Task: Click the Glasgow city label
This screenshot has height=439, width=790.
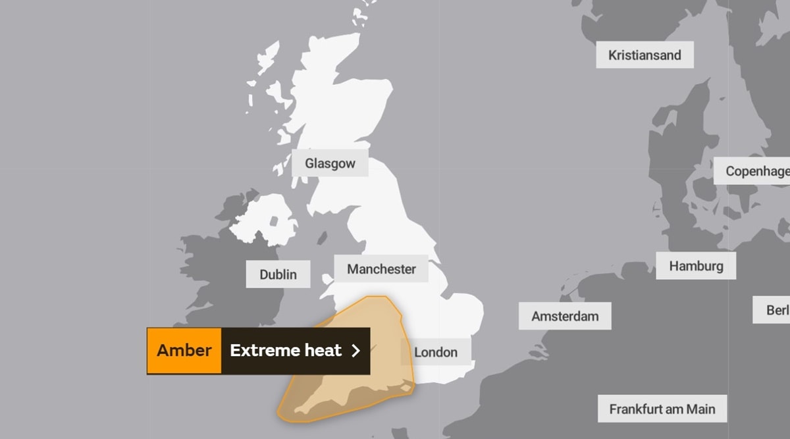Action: pos(330,163)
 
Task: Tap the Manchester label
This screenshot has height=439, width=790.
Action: pos(381,269)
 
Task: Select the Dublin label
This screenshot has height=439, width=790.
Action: pos(278,274)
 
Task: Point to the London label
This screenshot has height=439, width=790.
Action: pos(436,352)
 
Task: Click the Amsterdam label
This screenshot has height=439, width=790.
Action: pos(565,317)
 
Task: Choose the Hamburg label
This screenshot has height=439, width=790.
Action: pos(696,266)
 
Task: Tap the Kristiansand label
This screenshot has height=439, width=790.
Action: pos(645,55)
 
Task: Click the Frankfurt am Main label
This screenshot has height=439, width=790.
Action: pos(662,409)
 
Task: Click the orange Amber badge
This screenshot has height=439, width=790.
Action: pos(184,350)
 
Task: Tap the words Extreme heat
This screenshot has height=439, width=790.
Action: pos(286,350)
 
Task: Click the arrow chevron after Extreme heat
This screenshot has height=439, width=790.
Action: pos(356,351)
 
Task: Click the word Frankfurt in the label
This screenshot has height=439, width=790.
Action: pos(636,409)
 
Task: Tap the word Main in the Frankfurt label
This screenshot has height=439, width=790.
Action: pos(700,409)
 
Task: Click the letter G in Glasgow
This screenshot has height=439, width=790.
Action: pos(309,163)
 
